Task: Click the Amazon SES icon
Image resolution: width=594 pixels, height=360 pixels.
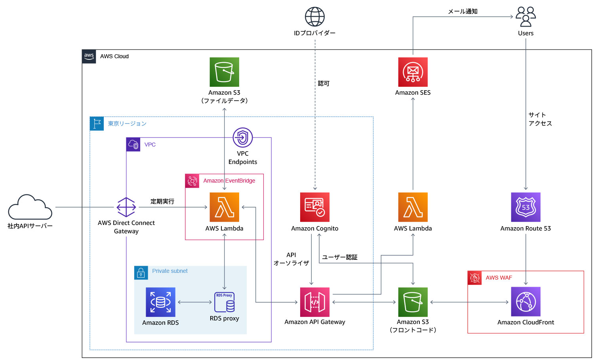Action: click(413, 72)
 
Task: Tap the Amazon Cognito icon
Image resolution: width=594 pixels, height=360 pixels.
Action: click(315, 207)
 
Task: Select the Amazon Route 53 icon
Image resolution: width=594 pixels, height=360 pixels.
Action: click(525, 207)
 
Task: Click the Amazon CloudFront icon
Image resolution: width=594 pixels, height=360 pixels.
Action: click(525, 302)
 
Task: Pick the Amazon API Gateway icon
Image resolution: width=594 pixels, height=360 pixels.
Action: click(315, 302)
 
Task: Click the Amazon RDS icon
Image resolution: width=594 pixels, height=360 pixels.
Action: click(160, 302)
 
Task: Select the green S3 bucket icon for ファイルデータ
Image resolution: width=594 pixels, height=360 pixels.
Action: click(224, 72)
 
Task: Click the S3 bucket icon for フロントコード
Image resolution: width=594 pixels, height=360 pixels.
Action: click(413, 302)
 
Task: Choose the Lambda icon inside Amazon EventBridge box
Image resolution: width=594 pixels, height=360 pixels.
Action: click(224, 207)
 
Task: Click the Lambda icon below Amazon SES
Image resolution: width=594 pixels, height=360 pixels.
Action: click(413, 207)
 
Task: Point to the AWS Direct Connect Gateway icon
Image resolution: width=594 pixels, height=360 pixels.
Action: click(126, 207)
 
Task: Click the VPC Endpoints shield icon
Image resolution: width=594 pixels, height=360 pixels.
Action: click(243, 137)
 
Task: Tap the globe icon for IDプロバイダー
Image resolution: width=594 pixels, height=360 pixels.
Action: click(315, 17)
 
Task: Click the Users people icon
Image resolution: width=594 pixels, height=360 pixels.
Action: click(525, 17)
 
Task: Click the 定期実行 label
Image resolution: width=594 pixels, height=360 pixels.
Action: click(162, 201)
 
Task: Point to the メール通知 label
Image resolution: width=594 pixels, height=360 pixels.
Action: click(463, 11)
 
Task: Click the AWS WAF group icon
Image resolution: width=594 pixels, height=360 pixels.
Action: click(474, 278)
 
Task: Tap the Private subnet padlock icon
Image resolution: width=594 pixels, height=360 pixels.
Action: click(141, 273)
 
